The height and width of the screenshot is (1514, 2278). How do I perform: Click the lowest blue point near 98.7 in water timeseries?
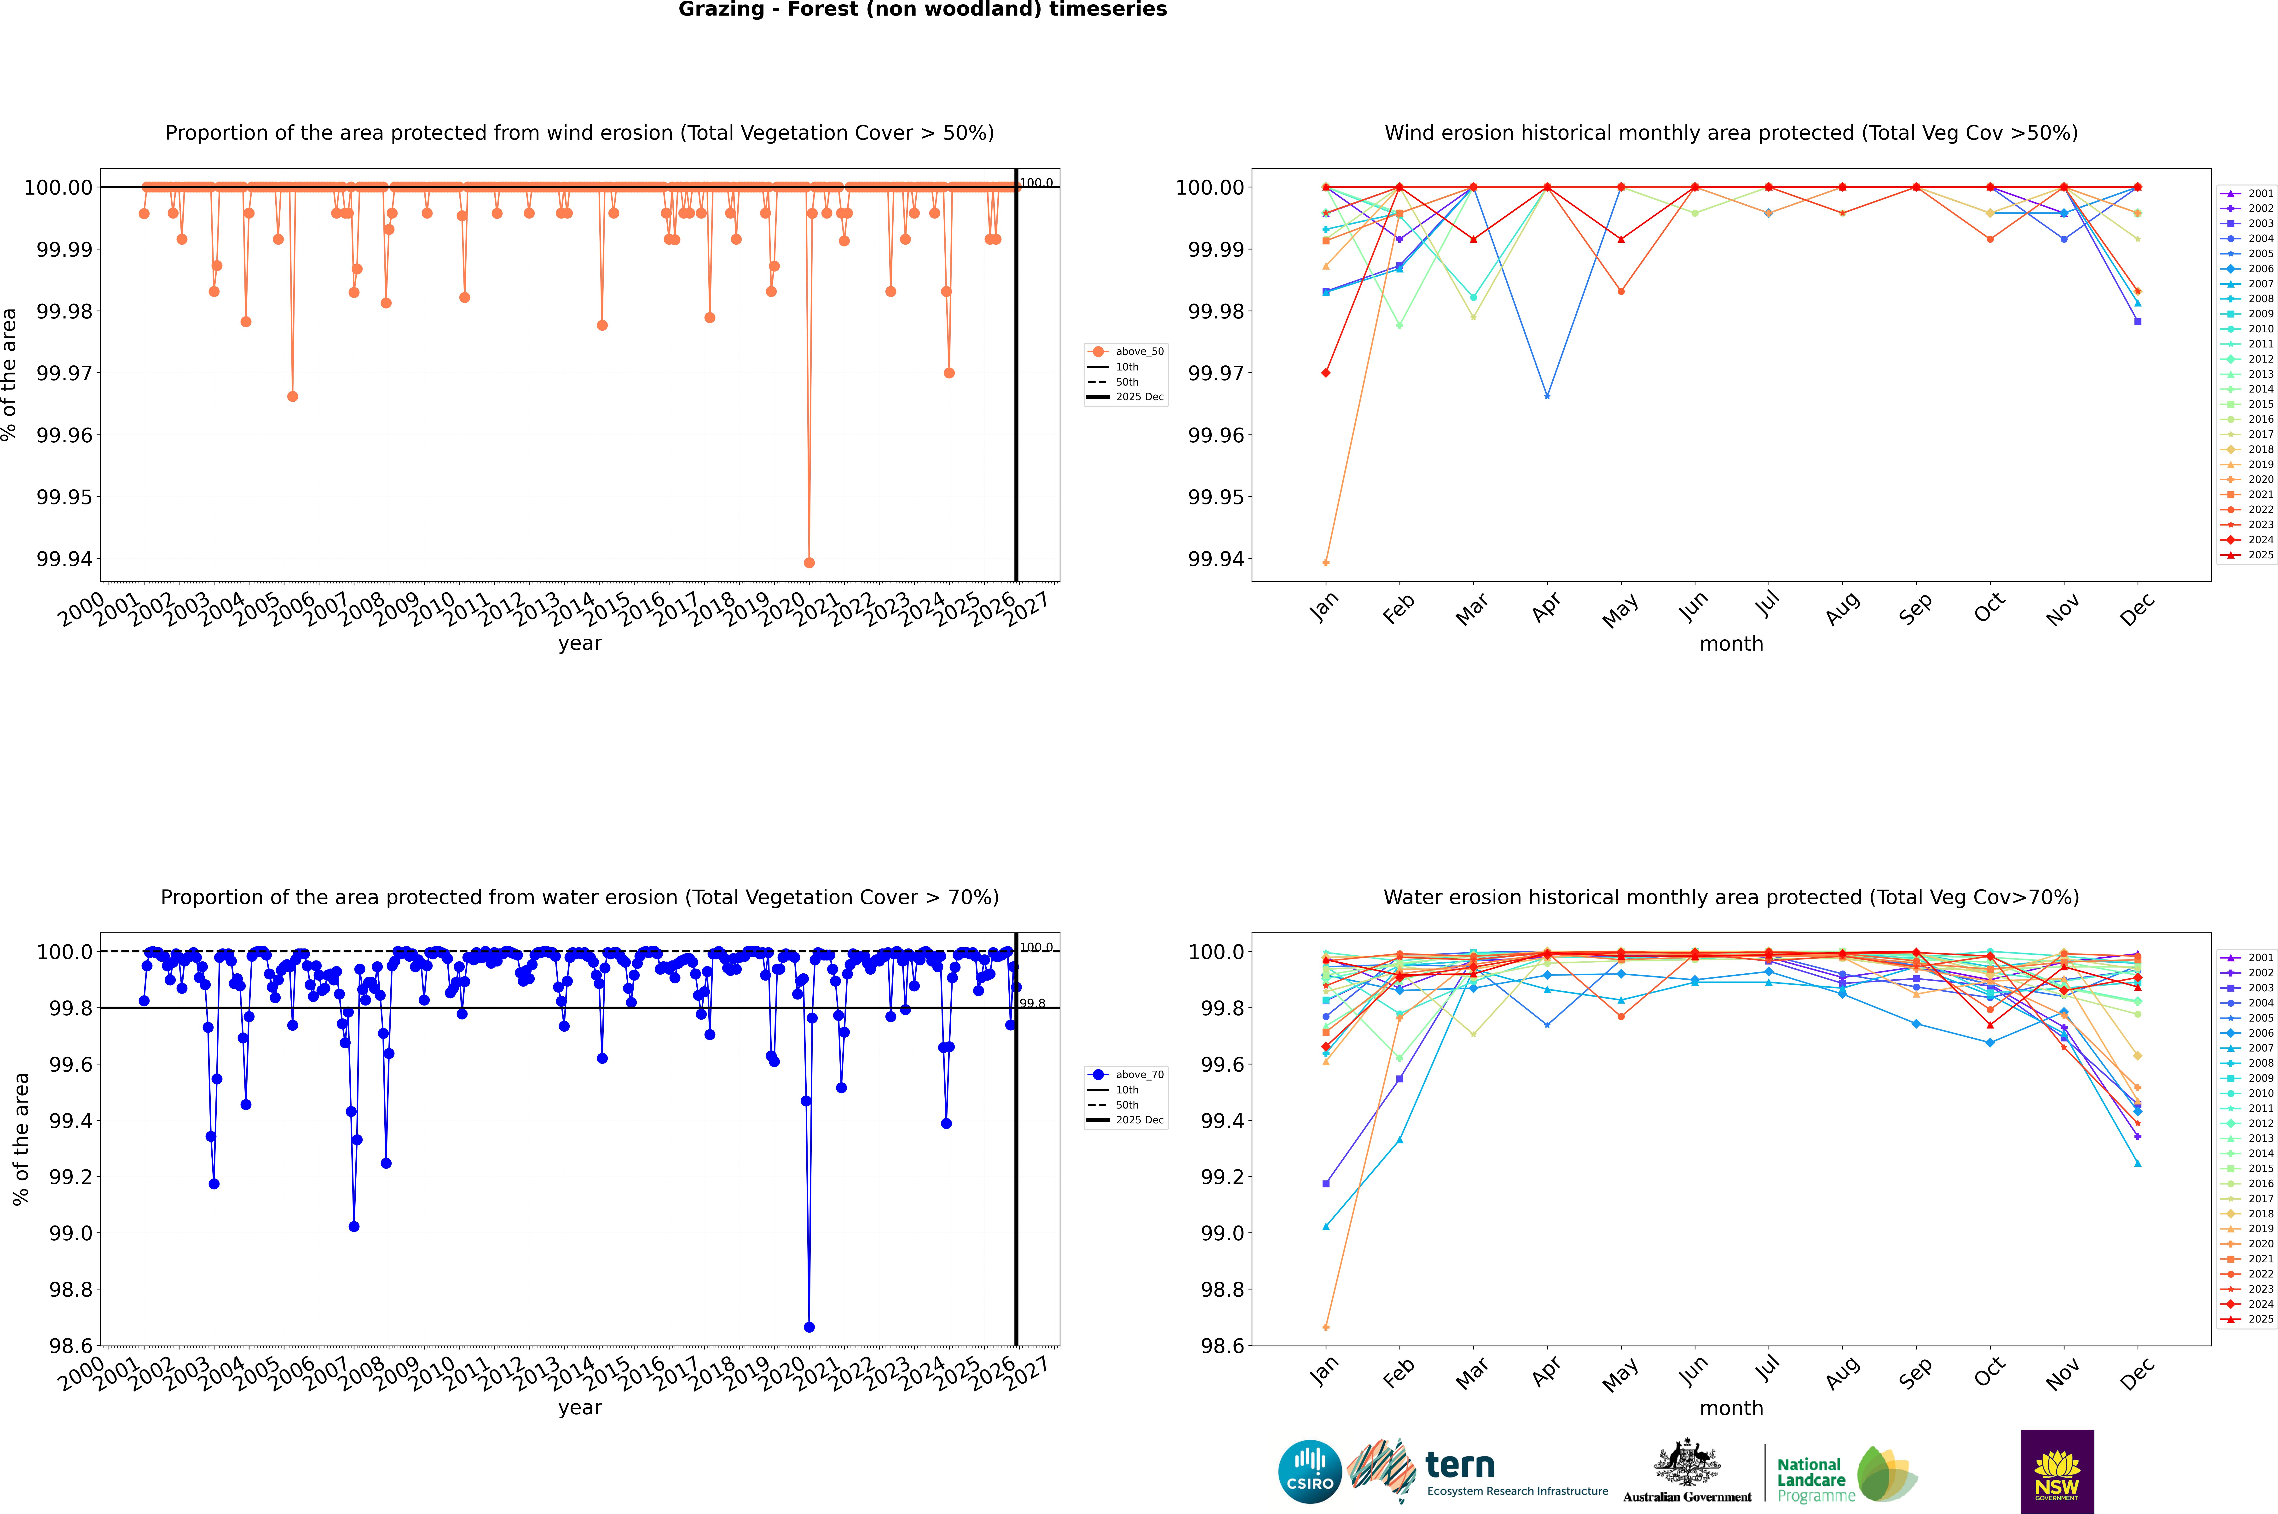[x=809, y=1327]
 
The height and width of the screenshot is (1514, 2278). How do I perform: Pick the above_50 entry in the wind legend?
[x=1126, y=352]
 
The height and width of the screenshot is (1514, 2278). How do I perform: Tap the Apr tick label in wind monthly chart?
[x=1546, y=608]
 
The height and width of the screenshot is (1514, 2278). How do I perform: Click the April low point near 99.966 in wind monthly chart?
[x=1547, y=396]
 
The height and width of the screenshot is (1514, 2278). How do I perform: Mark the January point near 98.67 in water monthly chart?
[x=1326, y=1327]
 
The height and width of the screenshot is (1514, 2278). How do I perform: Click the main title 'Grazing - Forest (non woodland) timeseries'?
[x=922, y=10]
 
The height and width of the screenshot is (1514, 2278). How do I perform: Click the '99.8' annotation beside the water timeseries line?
[x=1032, y=1003]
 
